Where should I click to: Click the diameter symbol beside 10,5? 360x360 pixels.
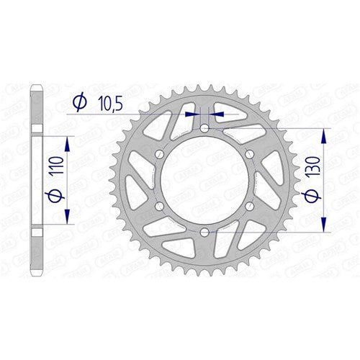click(80, 104)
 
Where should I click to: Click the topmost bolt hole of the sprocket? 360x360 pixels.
click(204, 128)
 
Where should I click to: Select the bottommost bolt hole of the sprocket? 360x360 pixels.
click(204, 232)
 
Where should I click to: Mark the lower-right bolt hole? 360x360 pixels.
click(249, 207)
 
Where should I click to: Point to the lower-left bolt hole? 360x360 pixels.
click(159, 207)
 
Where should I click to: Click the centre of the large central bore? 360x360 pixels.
click(204, 180)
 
